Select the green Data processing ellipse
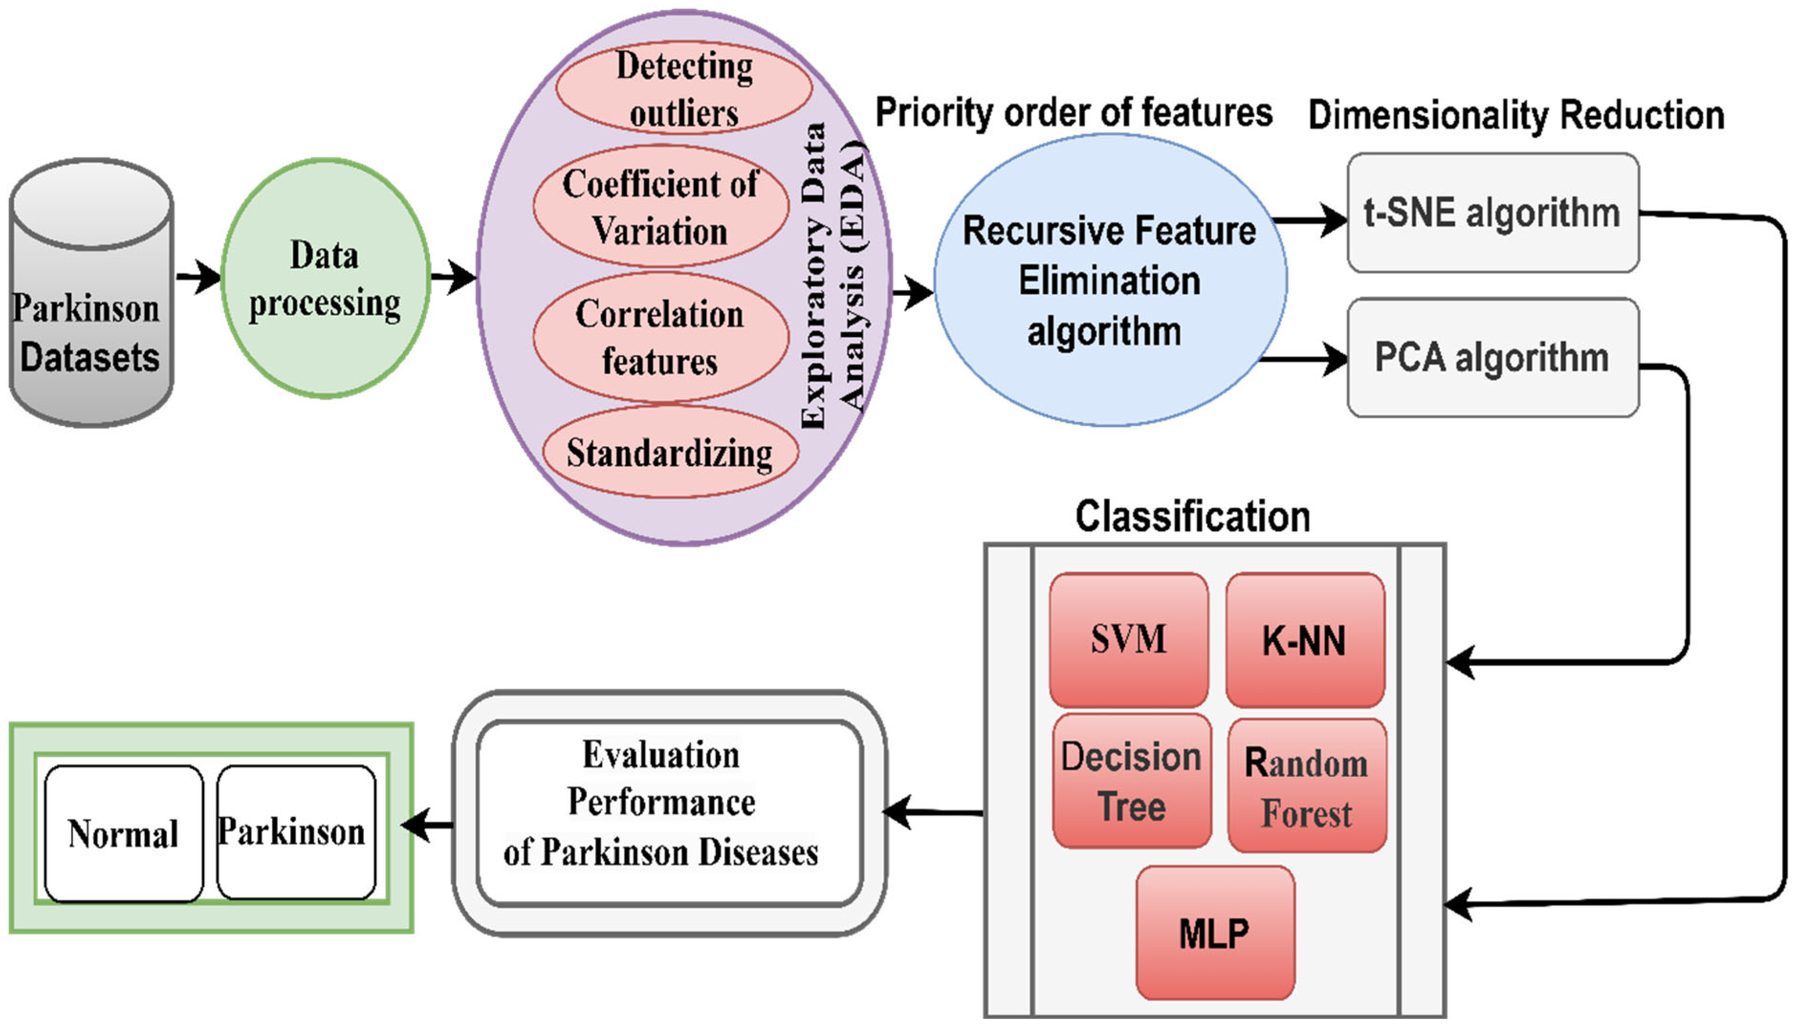(325, 278)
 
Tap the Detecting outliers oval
(684, 88)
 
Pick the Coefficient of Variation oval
(661, 207)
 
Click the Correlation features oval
(661, 337)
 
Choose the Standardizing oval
(670, 452)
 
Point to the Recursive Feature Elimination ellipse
(1110, 281)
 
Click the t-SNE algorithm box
(1493, 213)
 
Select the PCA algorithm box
(1493, 357)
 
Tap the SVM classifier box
(1128, 640)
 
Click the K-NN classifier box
(1305, 641)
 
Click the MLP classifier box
(1215, 933)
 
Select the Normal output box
(123, 834)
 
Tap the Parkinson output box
(295, 832)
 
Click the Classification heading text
(1192, 516)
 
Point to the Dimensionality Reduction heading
(1516, 115)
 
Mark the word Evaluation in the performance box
(661, 755)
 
